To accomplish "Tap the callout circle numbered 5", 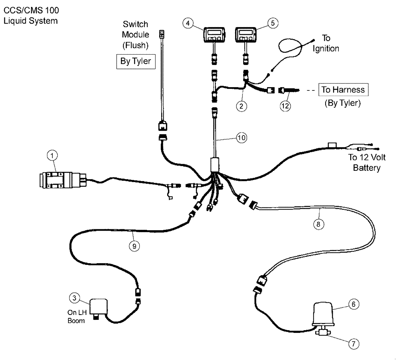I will click(273, 23).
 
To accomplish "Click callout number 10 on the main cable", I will click(241, 138).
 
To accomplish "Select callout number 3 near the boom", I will click(74, 297).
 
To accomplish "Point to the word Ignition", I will click(326, 49).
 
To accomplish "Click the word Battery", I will click(367, 168).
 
